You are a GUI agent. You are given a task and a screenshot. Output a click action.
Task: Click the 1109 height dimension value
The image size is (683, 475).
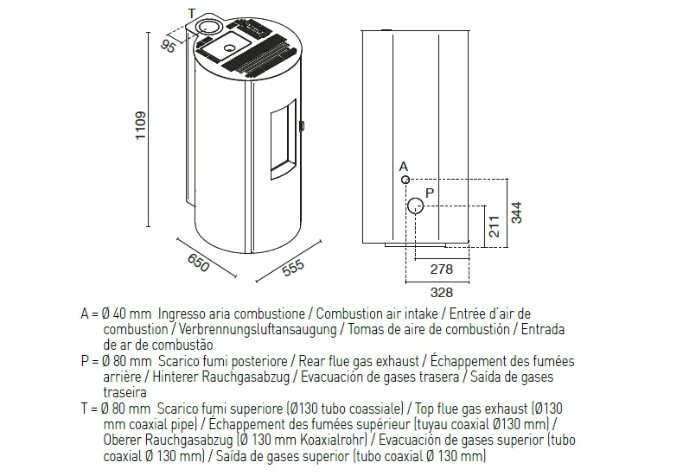click(141, 125)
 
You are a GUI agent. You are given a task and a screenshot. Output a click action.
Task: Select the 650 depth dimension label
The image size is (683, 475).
click(199, 263)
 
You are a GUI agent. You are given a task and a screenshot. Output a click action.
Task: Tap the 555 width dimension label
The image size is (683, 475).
click(293, 268)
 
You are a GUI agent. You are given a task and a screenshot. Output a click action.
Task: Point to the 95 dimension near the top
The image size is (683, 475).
click(168, 45)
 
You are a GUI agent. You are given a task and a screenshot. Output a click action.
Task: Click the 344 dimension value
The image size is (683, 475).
click(516, 212)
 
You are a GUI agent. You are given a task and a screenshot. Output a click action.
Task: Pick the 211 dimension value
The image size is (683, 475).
click(495, 226)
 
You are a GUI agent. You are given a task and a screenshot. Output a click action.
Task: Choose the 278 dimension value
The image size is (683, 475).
click(442, 269)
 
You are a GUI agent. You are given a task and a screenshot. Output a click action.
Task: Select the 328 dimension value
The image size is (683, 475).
click(442, 292)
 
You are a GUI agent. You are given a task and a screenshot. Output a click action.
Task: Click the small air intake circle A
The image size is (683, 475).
click(405, 180)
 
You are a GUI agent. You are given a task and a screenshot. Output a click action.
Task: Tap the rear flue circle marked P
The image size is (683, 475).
click(416, 206)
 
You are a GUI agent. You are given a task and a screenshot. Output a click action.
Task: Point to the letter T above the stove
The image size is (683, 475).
click(192, 14)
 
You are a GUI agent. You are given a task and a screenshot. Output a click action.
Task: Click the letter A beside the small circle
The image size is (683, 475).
click(404, 167)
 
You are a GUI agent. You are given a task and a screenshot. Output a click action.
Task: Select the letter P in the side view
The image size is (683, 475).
click(430, 193)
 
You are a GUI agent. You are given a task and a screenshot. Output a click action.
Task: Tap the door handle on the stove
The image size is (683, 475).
click(301, 125)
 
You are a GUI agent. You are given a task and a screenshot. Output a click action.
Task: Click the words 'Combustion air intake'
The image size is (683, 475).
click(377, 313)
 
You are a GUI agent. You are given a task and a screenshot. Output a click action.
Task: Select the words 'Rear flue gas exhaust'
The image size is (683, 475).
click(359, 361)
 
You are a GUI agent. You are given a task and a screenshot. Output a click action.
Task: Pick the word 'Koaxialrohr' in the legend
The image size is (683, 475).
click(334, 440)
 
